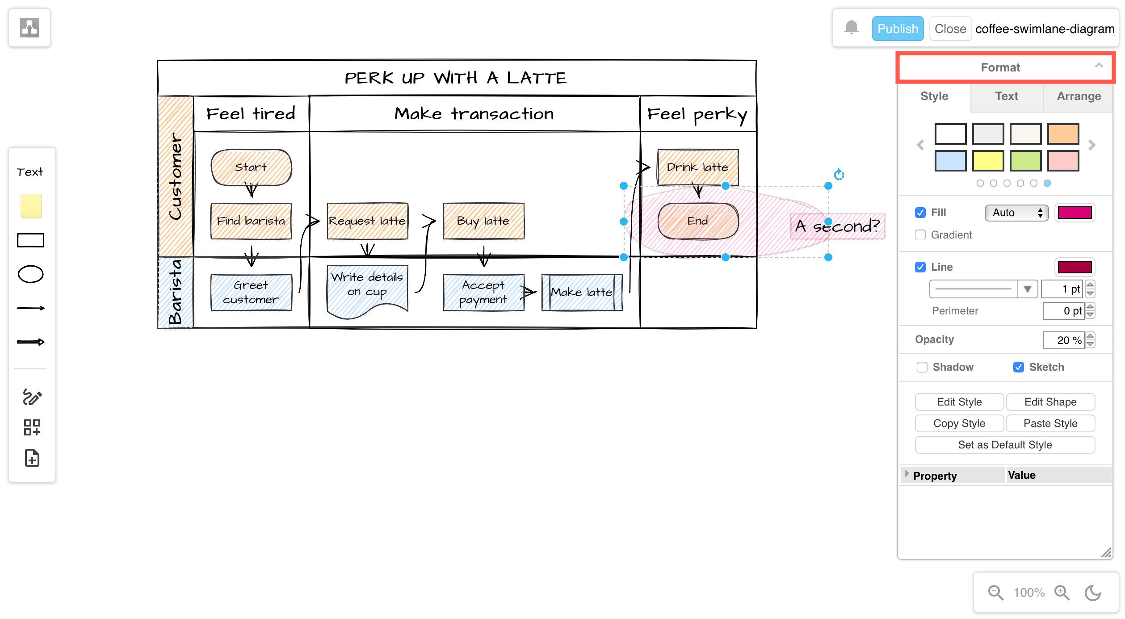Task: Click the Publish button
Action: [897, 29]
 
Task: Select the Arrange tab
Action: [1078, 96]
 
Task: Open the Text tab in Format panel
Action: [1006, 96]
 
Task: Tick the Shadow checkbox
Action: [922, 367]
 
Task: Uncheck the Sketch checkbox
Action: [1018, 367]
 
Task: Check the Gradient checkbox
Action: [920, 235]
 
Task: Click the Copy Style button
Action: [959, 423]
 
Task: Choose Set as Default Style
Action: [1004, 445]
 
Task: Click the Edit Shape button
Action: [1050, 402]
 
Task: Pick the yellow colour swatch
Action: [988, 161]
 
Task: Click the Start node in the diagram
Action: [251, 167]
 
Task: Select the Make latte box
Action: [581, 293]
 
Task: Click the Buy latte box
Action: [483, 221]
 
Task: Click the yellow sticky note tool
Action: [31, 206]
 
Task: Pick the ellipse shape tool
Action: [30, 274]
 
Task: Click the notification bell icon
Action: [851, 28]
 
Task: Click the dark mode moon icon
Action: [1093, 593]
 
